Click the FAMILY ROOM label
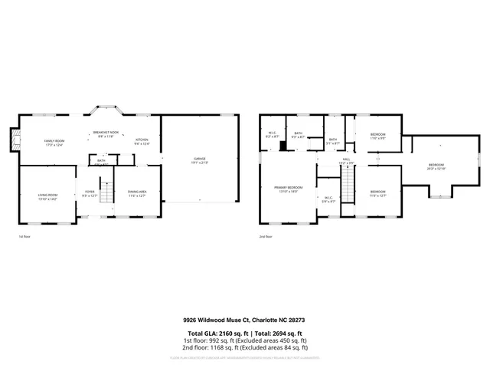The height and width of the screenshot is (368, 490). pos(53,141)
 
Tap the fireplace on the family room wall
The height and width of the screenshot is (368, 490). pos(13,140)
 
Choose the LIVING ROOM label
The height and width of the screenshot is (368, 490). pos(47,196)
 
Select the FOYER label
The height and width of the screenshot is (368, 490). pos(90,194)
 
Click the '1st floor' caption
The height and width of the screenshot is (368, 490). pos(24,237)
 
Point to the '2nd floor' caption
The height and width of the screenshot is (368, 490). pos(266,237)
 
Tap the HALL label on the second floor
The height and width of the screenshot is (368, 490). pos(346,162)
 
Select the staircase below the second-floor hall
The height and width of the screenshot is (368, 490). pos(348,186)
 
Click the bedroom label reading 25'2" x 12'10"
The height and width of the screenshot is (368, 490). pos(436,166)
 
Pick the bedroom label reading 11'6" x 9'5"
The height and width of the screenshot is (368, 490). pos(378,136)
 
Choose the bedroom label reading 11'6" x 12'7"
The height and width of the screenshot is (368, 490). pos(378,193)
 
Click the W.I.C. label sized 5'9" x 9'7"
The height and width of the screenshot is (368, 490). pos(327,200)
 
